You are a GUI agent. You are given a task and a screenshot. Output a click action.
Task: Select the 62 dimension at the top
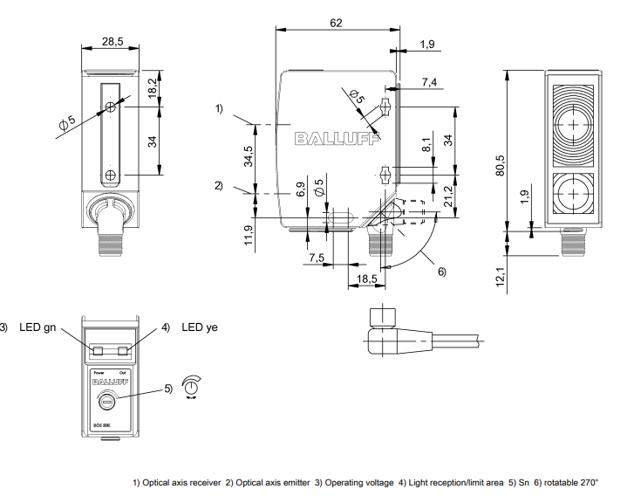pyautogui.click(x=336, y=24)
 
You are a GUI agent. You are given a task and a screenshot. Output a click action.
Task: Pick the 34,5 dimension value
pyautogui.click(x=249, y=156)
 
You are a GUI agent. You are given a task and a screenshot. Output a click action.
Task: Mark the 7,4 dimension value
pyautogui.click(x=430, y=82)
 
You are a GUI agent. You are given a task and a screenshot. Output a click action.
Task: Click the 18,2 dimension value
pyautogui.click(x=153, y=87)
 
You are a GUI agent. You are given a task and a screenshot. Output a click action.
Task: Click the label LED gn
pyautogui.click(x=38, y=327)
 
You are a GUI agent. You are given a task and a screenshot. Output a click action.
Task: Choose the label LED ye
pyautogui.click(x=200, y=327)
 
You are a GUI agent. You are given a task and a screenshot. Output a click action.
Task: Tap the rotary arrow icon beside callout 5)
pyautogui.click(x=192, y=387)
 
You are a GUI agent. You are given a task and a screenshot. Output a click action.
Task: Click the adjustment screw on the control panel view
pyautogui.click(x=106, y=403)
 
